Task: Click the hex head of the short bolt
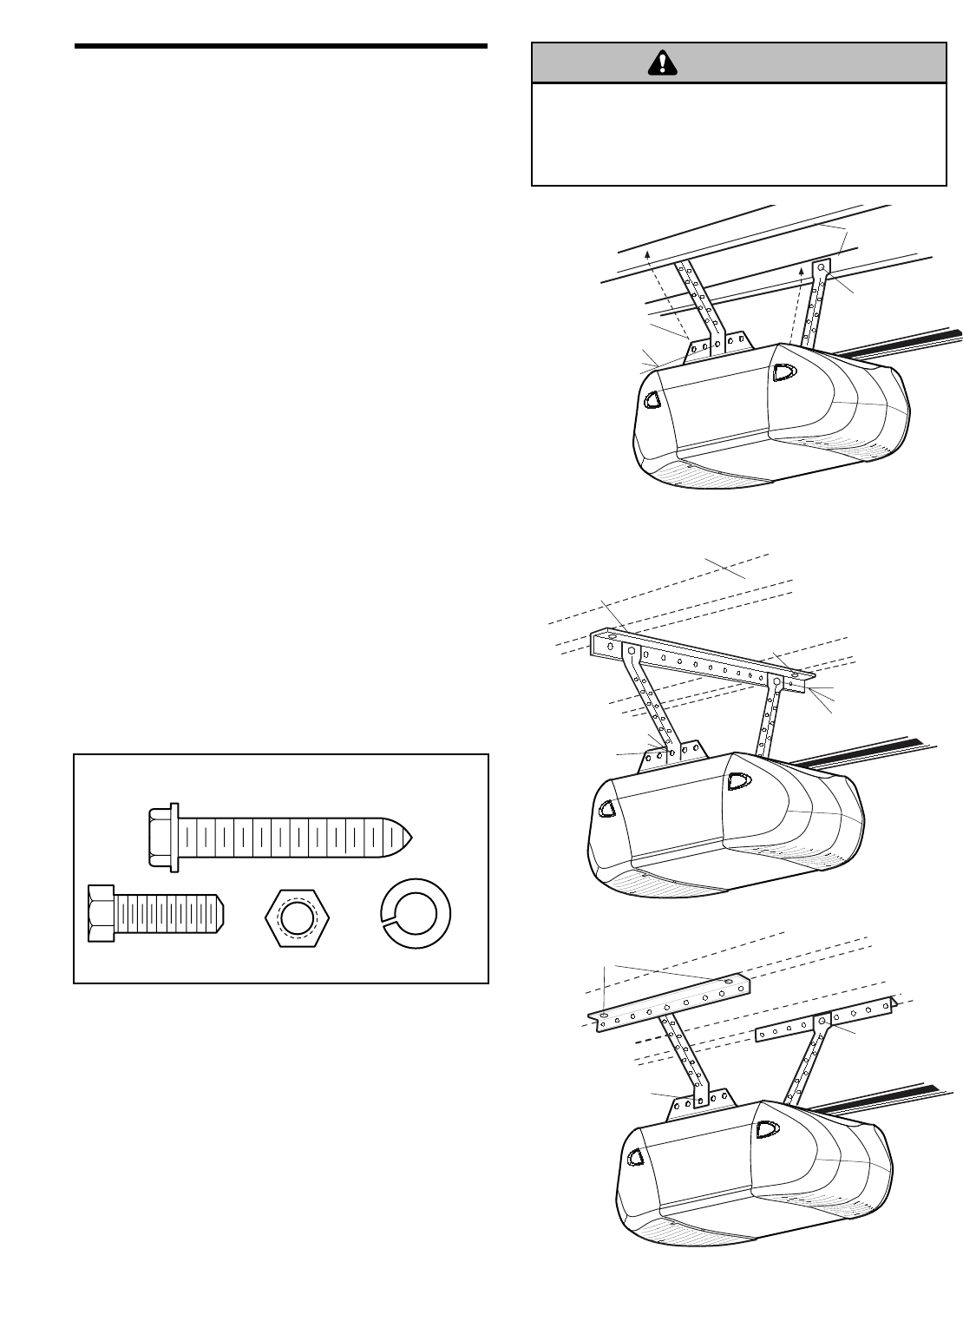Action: click(x=100, y=914)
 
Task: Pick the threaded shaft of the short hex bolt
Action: click(x=169, y=914)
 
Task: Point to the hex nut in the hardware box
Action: click(x=298, y=914)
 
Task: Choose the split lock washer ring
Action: click(x=420, y=915)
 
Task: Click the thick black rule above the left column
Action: click(x=281, y=45)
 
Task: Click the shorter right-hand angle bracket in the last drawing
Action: click(x=824, y=1018)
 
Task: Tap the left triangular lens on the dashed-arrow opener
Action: click(x=652, y=400)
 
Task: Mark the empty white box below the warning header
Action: click(x=738, y=135)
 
